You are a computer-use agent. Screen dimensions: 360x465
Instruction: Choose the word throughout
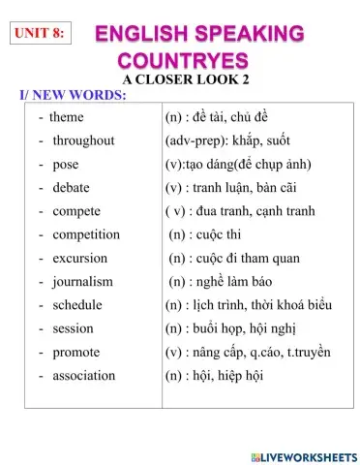[83, 140]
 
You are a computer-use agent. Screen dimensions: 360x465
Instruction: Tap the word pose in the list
[66, 164]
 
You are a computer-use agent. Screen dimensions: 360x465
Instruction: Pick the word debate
[72, 187]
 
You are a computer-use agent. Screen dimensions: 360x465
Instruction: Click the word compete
[76, 210]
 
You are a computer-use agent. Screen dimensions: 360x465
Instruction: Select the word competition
[86, 234]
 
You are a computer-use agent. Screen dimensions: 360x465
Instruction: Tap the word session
[73, 327]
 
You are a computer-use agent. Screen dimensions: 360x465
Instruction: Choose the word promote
[76, 352]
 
